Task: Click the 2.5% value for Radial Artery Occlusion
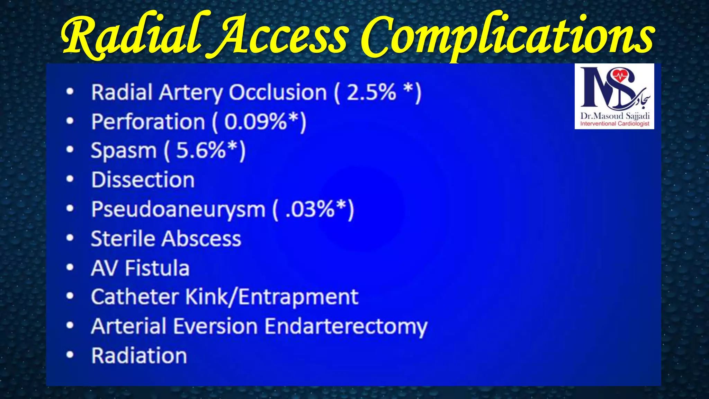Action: click(x=371, y=92)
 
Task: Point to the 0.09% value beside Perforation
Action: click(x=255, y=122)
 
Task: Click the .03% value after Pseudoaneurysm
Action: click(x=310, y=209)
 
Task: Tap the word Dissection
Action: click(x=143, y=180)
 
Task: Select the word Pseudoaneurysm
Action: click(x=178, y=210)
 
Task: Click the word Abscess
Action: click(x=202, y=239)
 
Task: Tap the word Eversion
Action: click(x=215, y=326)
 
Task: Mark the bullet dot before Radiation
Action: click(x=70, y=355)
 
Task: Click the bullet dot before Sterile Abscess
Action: click(x=70, y=238)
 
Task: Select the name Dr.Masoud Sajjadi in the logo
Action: click(x=615, y=116)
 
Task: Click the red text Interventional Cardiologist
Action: click(x=615, y=124)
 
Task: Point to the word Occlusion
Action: click(x=278, y=92)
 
